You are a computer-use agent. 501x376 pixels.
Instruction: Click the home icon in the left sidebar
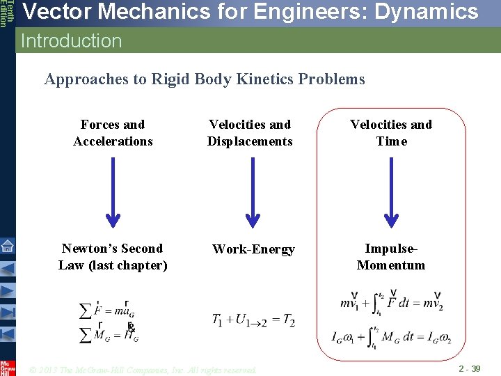click(x=7, y=246)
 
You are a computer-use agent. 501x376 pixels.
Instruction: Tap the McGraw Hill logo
click(x=8, y=367)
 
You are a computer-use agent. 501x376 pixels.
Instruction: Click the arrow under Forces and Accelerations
click(x=113, y=192)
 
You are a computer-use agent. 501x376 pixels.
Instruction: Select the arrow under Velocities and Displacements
click(x=253, y=192)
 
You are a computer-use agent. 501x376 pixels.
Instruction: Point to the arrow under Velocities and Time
click(x=392, y=192)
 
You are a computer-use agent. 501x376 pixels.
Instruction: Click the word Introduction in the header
click(x=71, y=41)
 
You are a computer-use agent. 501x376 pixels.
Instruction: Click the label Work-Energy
click(x=253, y=249)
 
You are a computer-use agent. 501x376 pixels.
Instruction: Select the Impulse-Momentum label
click(x=390, y=257)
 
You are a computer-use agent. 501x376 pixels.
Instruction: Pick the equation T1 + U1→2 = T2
click(x=253, y=321)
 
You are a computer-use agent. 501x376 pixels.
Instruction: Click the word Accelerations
click(x=113, y=141)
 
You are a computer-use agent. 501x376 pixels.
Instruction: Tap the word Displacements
click(x=250, y=141)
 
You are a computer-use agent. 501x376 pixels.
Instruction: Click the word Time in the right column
click(x=391, y=141)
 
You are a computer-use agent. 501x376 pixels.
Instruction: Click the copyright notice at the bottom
click(x=143, y=370)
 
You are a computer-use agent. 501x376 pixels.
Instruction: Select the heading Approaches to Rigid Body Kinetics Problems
click(x=204, y=79)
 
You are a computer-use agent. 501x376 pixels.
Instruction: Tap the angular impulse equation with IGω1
click(x=391, y=338)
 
